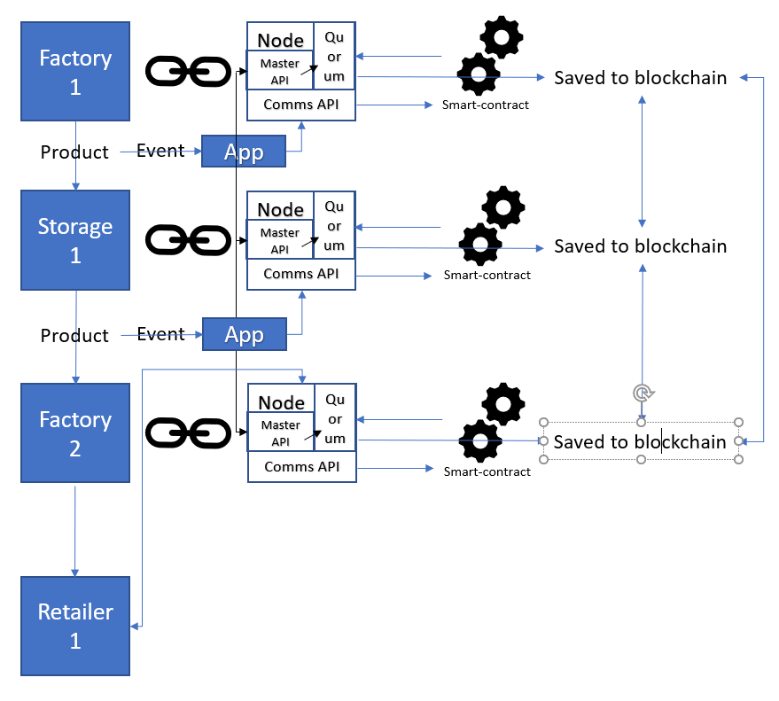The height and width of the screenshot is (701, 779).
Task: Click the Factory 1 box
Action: (x=75, y=71)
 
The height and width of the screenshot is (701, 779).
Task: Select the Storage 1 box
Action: (x=75, y=240)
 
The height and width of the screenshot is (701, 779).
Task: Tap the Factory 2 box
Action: (x=75, y=432)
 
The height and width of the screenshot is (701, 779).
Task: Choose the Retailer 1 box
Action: (x=75, y=626)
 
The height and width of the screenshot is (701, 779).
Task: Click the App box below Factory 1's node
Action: (x=244, y=151)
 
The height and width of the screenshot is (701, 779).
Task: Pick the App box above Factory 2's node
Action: (x=245, y=334)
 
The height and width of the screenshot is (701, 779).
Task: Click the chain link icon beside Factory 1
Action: (x=188, y=72)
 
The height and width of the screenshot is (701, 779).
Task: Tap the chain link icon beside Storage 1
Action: (x=188, y=240)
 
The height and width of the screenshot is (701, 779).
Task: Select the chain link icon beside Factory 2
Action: (x=188, y=433)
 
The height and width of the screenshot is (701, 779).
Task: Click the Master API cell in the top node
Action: (x=280, y=71)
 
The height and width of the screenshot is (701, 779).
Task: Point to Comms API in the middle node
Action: (x=301, y=274)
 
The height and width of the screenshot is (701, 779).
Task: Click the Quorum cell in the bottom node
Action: (x=335, y=417)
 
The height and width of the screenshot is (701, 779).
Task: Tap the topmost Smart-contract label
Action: (x=486, y=105)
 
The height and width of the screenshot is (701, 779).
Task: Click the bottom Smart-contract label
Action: (x=487, y=471)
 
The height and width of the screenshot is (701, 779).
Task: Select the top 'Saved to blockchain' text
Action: (x=641, y=78)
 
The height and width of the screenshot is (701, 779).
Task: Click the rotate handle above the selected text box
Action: (x=643, y=393)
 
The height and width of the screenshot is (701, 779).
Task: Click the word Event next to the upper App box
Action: (x=160, y=151)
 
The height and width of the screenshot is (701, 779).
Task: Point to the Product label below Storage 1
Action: (x=74, y=335)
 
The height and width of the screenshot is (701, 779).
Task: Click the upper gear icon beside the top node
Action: (x=502, y=37)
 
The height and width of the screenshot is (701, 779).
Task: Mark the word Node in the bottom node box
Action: (x=282, y=402)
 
